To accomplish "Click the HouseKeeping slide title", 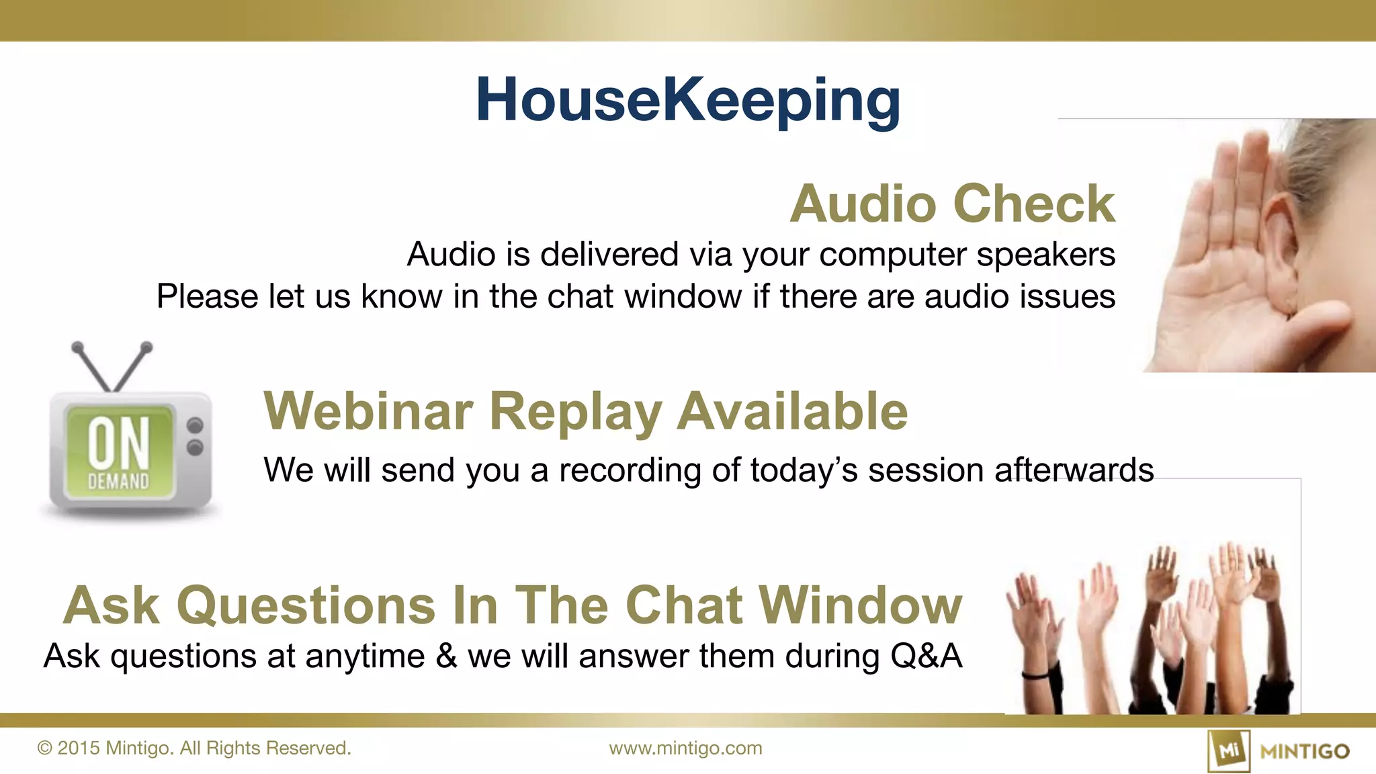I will pos(688,101).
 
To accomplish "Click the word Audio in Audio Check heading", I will pos(863,204).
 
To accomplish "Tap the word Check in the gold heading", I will pos(1035,204).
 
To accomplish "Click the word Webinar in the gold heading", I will pos(369,411).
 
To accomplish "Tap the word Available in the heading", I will pos(792,411).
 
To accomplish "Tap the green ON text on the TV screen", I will pos(119,442).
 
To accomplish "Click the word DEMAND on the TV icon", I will pos(119,482).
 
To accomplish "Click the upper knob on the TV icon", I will pos(195,425).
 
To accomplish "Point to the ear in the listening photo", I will pos(1281,255).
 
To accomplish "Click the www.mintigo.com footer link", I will pos(685,748).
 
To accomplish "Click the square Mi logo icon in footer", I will pos(1228,750).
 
